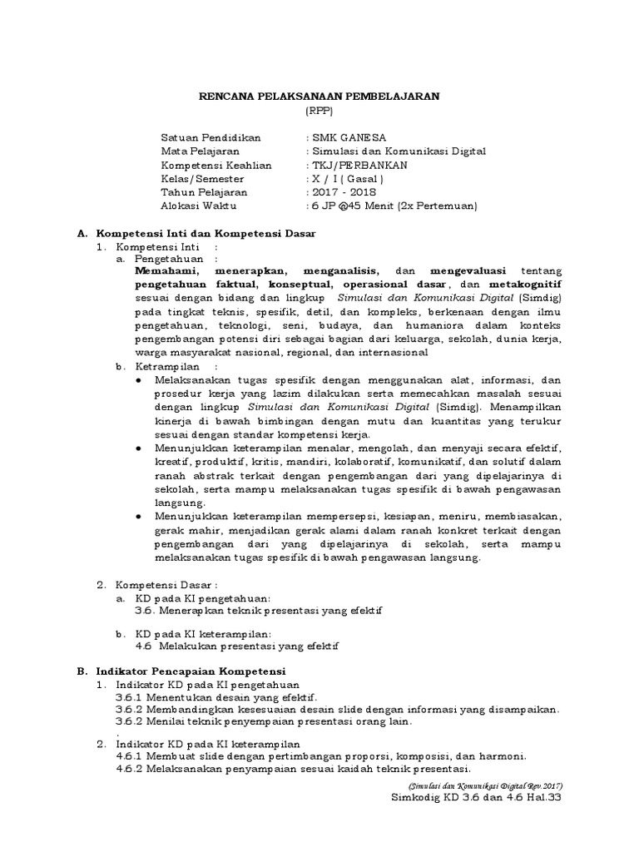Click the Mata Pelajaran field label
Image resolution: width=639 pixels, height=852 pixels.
click(x=200, y=151)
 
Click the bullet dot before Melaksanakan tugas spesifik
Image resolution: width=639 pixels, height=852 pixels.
click(x=137, y=379)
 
